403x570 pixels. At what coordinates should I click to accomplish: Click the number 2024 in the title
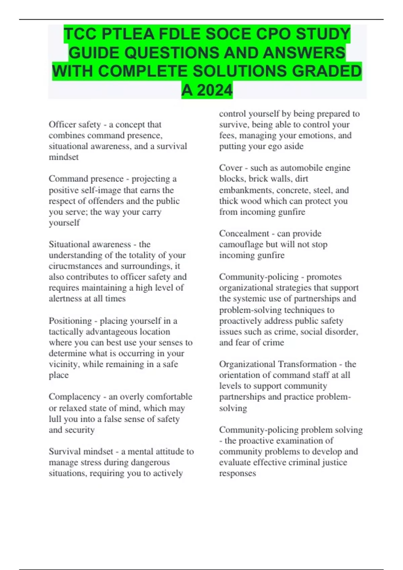(x=215, y=90)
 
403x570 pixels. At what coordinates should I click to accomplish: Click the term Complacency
(x=75, y=397)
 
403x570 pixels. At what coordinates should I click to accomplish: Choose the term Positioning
(x=70, y=321)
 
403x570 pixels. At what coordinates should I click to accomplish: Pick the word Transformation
(x=307, y=364)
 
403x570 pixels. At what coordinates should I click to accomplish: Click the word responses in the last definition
(x=237, y=473)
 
